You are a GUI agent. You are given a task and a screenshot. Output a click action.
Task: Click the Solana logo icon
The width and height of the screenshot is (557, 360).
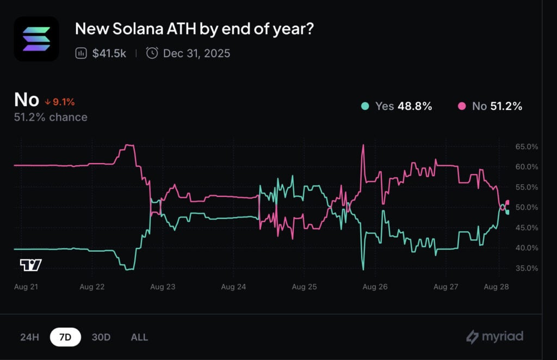pos(36,39)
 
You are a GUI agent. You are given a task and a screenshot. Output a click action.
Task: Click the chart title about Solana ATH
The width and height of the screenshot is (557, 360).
pos(194,29)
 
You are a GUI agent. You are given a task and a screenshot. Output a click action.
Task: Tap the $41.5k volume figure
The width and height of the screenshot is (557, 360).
pos(109,53)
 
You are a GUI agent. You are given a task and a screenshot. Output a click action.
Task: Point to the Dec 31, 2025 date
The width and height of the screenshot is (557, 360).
pos(196,53)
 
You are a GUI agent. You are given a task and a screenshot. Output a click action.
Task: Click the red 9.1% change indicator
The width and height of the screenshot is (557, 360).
pos(60,102)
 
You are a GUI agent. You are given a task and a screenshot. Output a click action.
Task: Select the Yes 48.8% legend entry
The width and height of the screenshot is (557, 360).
pos(397,106)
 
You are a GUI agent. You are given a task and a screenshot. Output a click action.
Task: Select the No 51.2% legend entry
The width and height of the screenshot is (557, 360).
pos(490,106)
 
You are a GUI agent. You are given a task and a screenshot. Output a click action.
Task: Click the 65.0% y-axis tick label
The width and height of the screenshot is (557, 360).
pos(526,147)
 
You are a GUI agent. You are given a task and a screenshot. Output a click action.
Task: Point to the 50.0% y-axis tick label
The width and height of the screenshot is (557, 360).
pos(526,207)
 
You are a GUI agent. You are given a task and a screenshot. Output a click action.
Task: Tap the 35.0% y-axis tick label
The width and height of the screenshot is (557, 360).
pos(526,268)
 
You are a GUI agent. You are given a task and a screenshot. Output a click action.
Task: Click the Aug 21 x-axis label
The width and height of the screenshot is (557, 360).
pos(25,286)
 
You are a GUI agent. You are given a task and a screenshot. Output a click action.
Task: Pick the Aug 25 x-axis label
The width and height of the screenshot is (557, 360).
pos(304,286)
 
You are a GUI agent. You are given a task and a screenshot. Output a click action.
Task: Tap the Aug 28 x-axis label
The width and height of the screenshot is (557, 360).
pos(496,286)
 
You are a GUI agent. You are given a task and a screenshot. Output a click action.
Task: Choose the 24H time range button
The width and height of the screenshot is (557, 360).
pos(29,337)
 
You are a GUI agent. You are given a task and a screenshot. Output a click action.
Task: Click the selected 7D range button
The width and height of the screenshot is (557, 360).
pos(65,337)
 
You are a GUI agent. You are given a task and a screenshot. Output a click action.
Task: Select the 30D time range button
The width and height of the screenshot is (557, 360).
pos(101,337)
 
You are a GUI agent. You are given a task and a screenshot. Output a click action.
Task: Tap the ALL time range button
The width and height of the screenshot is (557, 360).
pos(139,337)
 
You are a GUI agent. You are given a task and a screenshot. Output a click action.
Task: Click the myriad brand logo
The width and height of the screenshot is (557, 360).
pos(494,337)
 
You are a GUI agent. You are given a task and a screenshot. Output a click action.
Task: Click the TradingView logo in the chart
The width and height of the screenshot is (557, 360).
pos(30,265)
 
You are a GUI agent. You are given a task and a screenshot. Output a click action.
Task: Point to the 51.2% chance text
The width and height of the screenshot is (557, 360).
pos(51,117)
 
